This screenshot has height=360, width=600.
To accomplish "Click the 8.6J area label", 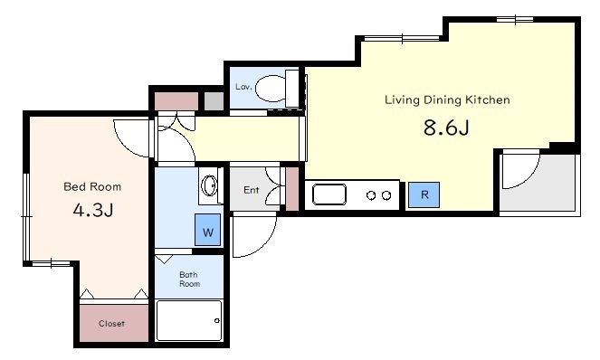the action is coord(446,128).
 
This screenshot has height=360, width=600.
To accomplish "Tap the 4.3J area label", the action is coord(93,210).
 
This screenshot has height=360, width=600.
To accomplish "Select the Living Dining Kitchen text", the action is coord(447,99).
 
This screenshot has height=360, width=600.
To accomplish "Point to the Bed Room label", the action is coord(92,186).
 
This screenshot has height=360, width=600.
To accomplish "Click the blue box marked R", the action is coord(424,194).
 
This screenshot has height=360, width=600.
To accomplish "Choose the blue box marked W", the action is coord(208,230).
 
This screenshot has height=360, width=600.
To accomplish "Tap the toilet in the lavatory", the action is coord(276,89).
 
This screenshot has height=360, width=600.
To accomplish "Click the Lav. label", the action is coord(243,87).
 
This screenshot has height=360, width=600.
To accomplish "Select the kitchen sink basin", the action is coord(329,194).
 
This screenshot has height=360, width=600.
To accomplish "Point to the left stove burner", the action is coord(371,195).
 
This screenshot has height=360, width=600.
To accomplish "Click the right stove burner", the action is coord(386,195).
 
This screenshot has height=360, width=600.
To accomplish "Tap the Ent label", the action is coord(252,190).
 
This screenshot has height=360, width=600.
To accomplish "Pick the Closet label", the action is coord(111,324).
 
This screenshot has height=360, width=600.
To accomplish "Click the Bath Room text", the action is coord(189,279).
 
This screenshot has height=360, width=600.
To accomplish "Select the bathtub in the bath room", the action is coord(189,320).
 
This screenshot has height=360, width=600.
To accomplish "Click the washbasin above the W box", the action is coord(209,185).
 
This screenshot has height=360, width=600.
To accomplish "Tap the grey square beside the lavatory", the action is coord(214,101).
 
